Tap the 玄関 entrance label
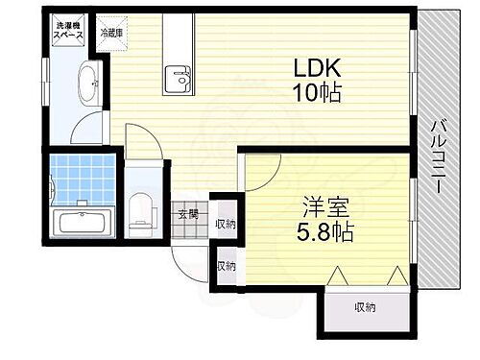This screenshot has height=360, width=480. click(x=186, y=215)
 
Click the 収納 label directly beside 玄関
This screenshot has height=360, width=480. click(x=225, y=224)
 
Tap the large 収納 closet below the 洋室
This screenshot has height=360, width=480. click(x=365, y=307)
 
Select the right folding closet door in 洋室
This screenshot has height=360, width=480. click(x=396, y=276)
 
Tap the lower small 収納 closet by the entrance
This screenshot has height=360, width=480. click(x=226, y=266)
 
